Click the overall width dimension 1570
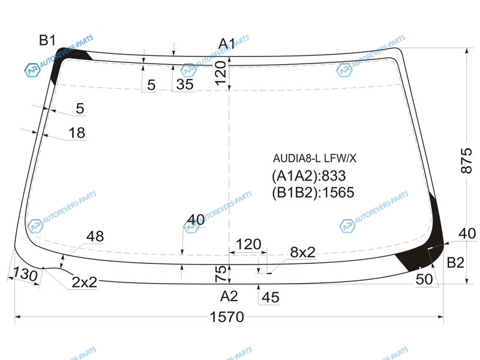(x=227, y=317)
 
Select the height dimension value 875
(x=467, y=161)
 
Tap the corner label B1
(x=47, y=40)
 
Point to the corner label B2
(x=455, y=263)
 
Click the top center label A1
(x=227, y=44)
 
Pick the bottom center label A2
(x=229, y=296)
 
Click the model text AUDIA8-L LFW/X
(x=314, y=158)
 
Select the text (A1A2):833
(x=309, y=176)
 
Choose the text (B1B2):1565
(x=313, y=193)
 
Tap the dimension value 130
(x=25, y=274)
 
